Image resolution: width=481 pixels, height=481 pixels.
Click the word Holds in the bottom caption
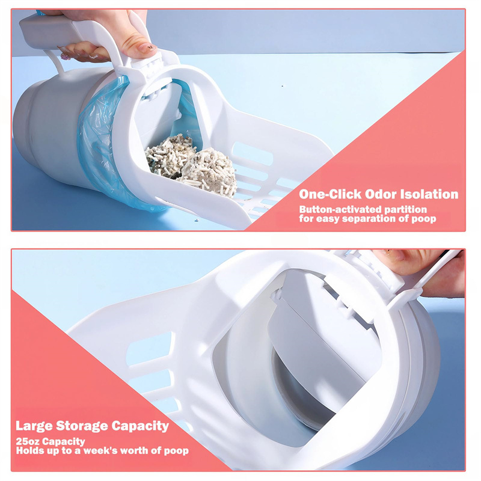point(29,451)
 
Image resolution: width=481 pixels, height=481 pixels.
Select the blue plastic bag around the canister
point(99,144)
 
